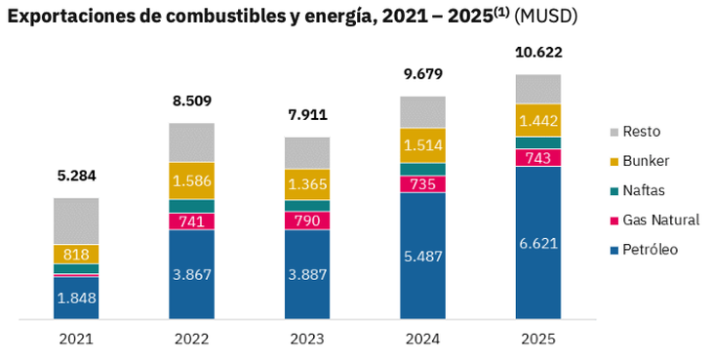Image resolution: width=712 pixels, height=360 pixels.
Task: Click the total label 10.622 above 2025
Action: click(538, 53)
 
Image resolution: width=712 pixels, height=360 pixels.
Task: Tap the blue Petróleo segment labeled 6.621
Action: click(538, 243)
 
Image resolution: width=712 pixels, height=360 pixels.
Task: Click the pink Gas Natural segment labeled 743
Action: click(538, 158)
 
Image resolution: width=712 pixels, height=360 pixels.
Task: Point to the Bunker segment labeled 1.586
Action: click(191, 180)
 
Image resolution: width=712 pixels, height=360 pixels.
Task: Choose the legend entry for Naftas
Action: click(642, 190)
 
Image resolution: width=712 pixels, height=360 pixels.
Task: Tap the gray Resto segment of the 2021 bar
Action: click(76, 220)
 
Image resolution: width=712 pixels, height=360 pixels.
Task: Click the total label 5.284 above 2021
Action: click(76, 177)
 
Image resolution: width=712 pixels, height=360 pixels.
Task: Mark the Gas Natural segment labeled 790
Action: click(307, 220)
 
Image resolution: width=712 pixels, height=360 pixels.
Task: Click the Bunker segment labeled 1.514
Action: click(422, 145)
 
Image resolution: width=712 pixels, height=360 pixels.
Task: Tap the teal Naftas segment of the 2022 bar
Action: click(191, 206)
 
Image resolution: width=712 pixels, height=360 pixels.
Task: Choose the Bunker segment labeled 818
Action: click(76, 254)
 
